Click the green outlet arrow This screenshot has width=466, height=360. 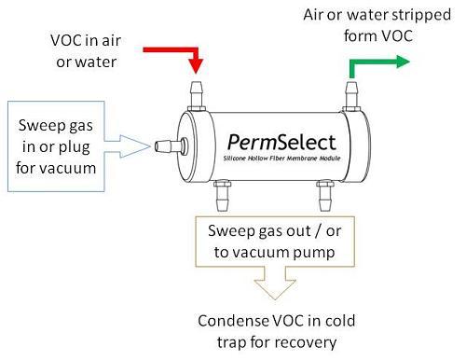377,62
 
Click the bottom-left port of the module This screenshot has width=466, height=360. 222,195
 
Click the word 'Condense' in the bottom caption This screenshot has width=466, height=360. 233,322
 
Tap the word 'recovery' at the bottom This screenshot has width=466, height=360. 306,343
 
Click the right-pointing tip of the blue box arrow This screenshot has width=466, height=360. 149,145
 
